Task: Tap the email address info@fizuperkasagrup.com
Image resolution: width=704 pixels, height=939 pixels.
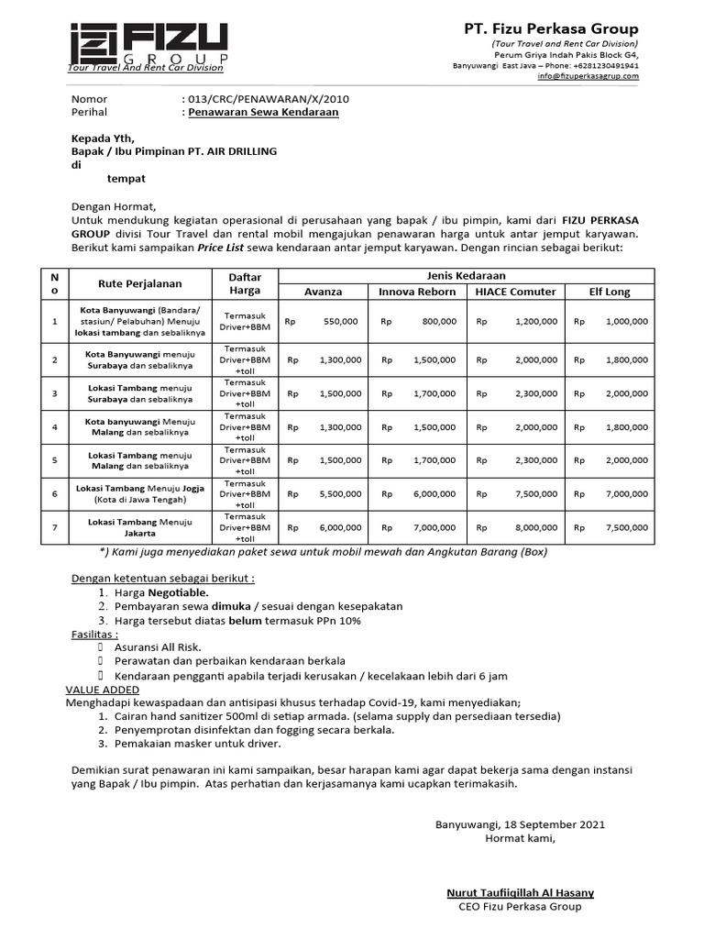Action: point(588,76)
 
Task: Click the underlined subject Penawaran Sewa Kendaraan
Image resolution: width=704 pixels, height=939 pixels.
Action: point(263,112)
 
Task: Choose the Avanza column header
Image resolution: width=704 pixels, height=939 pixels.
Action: point(324,292)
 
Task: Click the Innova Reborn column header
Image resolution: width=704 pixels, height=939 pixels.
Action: point(417,292)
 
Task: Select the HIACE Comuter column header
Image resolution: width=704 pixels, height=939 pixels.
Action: point(515,292)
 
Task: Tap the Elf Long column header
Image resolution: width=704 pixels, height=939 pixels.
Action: point(610,292)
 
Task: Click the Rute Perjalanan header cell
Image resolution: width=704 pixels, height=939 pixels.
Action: point(140,283)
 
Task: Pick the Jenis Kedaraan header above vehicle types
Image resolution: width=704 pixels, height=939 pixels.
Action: point(466,275)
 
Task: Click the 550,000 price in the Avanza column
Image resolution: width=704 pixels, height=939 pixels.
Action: point(341,322)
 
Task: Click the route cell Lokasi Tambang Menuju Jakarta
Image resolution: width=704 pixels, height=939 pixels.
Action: point(140,527)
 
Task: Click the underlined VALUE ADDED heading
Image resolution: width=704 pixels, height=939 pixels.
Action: point(103,690)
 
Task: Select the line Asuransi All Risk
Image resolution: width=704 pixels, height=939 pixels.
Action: point(158,647)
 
